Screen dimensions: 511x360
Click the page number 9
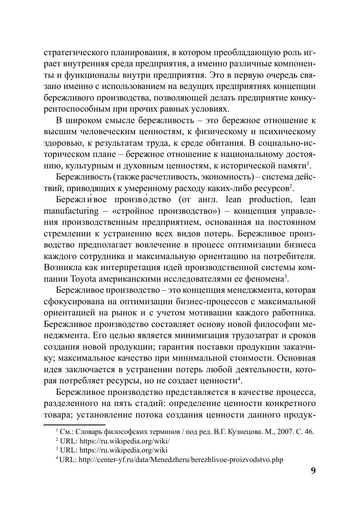point(313,471)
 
